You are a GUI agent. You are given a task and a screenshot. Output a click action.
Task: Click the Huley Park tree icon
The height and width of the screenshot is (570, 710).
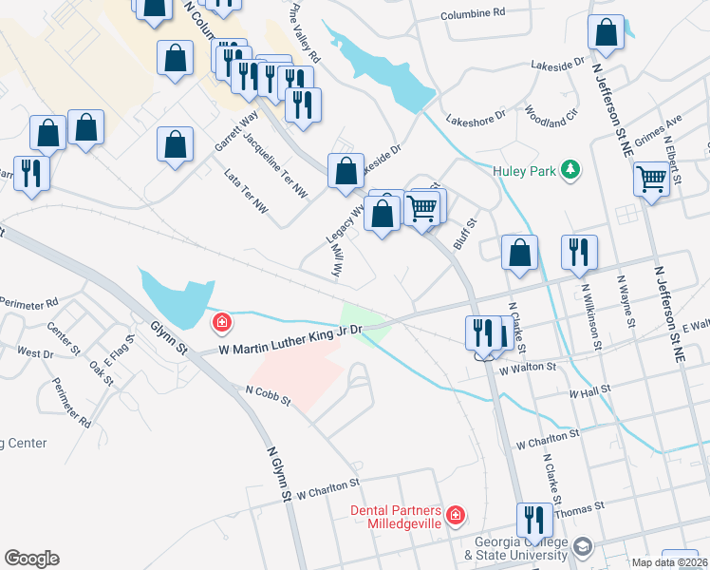(x=570, y=170)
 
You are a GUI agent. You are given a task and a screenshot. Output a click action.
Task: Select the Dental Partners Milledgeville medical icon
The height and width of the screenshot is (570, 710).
(x=457, y=516)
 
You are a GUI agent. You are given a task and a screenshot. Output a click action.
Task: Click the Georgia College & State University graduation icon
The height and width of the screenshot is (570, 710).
(x=583, y=548)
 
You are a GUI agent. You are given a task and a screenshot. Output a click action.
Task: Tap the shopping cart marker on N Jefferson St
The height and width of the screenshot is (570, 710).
(x=651, y=178)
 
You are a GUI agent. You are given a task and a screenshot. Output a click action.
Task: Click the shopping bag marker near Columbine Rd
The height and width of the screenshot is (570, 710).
(x=606, y=32)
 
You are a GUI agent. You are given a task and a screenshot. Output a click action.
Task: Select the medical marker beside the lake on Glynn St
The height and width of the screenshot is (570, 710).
(x=221, y=323)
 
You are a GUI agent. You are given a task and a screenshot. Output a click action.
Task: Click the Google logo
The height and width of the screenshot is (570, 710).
(x=31, y=559)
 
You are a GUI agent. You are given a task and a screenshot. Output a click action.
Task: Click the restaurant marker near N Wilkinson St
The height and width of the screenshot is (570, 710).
(x=579, y=252)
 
